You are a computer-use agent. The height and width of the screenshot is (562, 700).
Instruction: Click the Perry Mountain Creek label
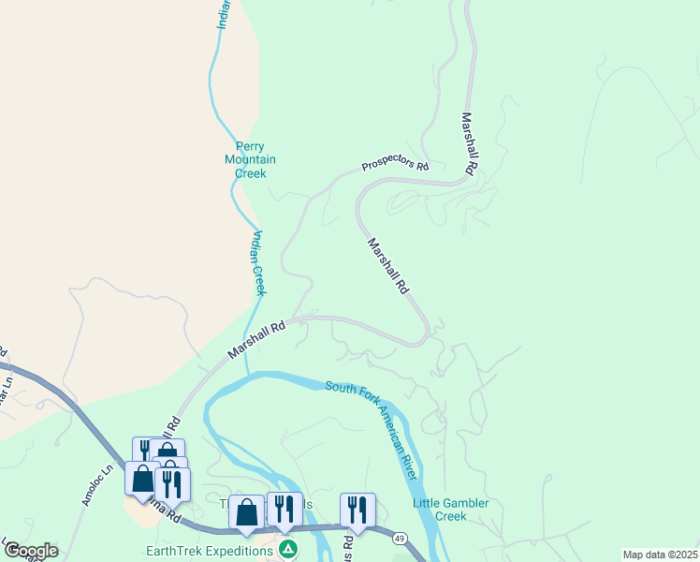pos(250,159)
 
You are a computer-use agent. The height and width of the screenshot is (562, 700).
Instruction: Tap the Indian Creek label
pos(258,263)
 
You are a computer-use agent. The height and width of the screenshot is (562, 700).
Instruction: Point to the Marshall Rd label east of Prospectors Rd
pos(469,145)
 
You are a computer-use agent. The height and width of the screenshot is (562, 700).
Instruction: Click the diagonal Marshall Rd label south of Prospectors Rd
pos(388,267)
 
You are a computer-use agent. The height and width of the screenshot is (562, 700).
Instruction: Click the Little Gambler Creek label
pos(451,510)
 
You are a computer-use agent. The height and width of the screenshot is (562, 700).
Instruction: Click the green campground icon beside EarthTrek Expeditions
pos(289,548)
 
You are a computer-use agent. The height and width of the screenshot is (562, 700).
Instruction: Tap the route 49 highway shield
pos(400,538)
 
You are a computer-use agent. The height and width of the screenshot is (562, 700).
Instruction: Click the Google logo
pos(31,551)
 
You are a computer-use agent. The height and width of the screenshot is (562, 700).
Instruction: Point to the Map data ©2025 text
pos(660,555)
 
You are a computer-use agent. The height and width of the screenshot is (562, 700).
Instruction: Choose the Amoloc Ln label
pos(93,486)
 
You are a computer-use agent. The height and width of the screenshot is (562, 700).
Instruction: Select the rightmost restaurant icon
pos(357,510)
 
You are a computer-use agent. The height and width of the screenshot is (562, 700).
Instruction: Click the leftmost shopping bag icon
pos(142,478)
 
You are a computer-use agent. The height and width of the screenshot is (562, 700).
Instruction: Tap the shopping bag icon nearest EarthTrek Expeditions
pos(246,511)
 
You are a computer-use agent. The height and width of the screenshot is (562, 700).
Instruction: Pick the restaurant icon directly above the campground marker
pos(284,509)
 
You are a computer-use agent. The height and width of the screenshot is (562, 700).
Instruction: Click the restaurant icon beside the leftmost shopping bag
pos(172,483)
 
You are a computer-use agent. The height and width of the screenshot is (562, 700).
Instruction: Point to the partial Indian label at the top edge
pos(224,12)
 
